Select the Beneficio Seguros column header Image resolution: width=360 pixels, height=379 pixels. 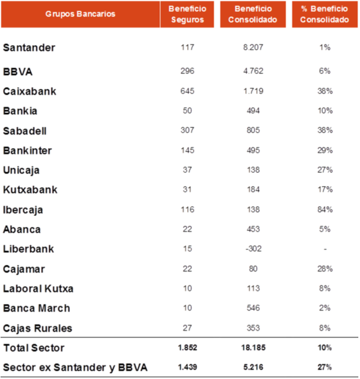click(x=187, y=14)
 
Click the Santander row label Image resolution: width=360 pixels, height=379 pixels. click(x=29, y=48)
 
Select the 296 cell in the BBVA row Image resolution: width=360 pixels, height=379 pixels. click(x=187, y=71)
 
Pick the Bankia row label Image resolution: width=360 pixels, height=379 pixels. click(x=19, y=111)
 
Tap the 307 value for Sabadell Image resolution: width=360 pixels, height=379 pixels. click(x=187, y=130)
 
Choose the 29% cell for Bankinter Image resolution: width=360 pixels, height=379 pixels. click(x=325, y=150)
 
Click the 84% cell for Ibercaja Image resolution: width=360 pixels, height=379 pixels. click(x=325, y=210)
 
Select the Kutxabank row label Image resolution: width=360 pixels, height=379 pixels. click(x=30, y=190)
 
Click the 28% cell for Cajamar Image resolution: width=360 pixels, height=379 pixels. click(x=325, y=269)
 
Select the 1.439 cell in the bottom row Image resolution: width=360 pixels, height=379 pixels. click(x=187, y=367)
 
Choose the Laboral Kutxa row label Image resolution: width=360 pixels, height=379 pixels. click(x=38, y=288)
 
